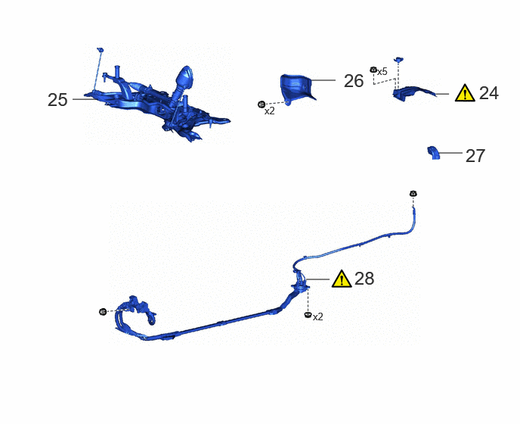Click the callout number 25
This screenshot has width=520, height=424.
pyautogui.click(x=57, y=100)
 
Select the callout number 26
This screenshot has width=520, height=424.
pyautogui.click(x=354, y=81)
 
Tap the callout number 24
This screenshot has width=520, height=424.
pyautogui.click(x=489, y=93)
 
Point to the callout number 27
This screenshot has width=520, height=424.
pyautogui.click(x=475, y=156)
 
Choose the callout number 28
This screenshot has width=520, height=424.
pyautogui.click(x=364, y=279)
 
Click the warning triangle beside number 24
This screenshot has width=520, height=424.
pyautogui.click(x=465, y=92)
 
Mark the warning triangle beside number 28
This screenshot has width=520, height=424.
pyautogui.click(x=342, y=279)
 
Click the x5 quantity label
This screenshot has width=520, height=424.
pyautogui.click(x=382, y=71)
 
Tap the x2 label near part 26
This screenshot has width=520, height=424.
pyautogui.click(x=270, y=111)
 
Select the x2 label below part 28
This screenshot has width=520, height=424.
pyautogui.click(x=317, y=317)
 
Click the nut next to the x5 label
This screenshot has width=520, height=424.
pyautogui.click(x=373, y=70)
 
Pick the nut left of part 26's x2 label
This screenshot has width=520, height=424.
pyautogui.click(x=262, y=104)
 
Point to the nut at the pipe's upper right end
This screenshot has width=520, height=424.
pyautogui.click(x=413, y=193)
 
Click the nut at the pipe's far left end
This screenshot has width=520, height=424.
pyautogui.click(x=103, y=312)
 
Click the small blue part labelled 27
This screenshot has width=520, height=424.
pyautogui.click(x=433, y=153)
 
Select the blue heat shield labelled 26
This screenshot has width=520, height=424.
pyautogui.click(x=296, y=88)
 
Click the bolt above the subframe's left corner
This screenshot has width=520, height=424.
pyautogui.click(x=101, y=50)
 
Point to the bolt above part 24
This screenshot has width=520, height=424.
pyautogui.click(x=398, y=60)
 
